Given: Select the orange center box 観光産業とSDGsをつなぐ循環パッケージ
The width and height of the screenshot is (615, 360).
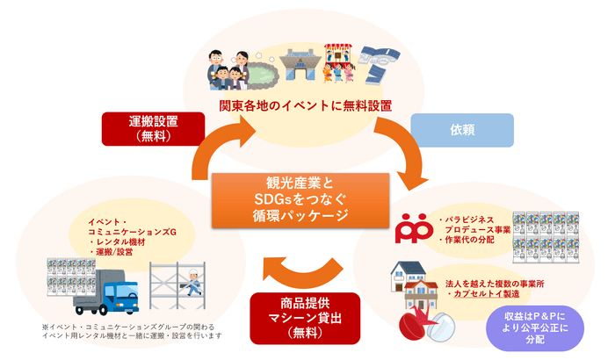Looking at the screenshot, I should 301,200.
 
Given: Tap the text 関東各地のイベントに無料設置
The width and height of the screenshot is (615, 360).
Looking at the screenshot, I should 305,104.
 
